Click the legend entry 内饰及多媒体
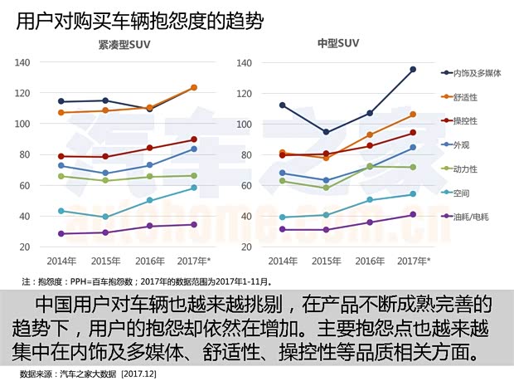[478, 73]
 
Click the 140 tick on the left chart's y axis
[22, 62]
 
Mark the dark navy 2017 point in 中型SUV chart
[413, 70]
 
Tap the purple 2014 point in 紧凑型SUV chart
[61, 233]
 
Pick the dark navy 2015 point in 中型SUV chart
[326, 132]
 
